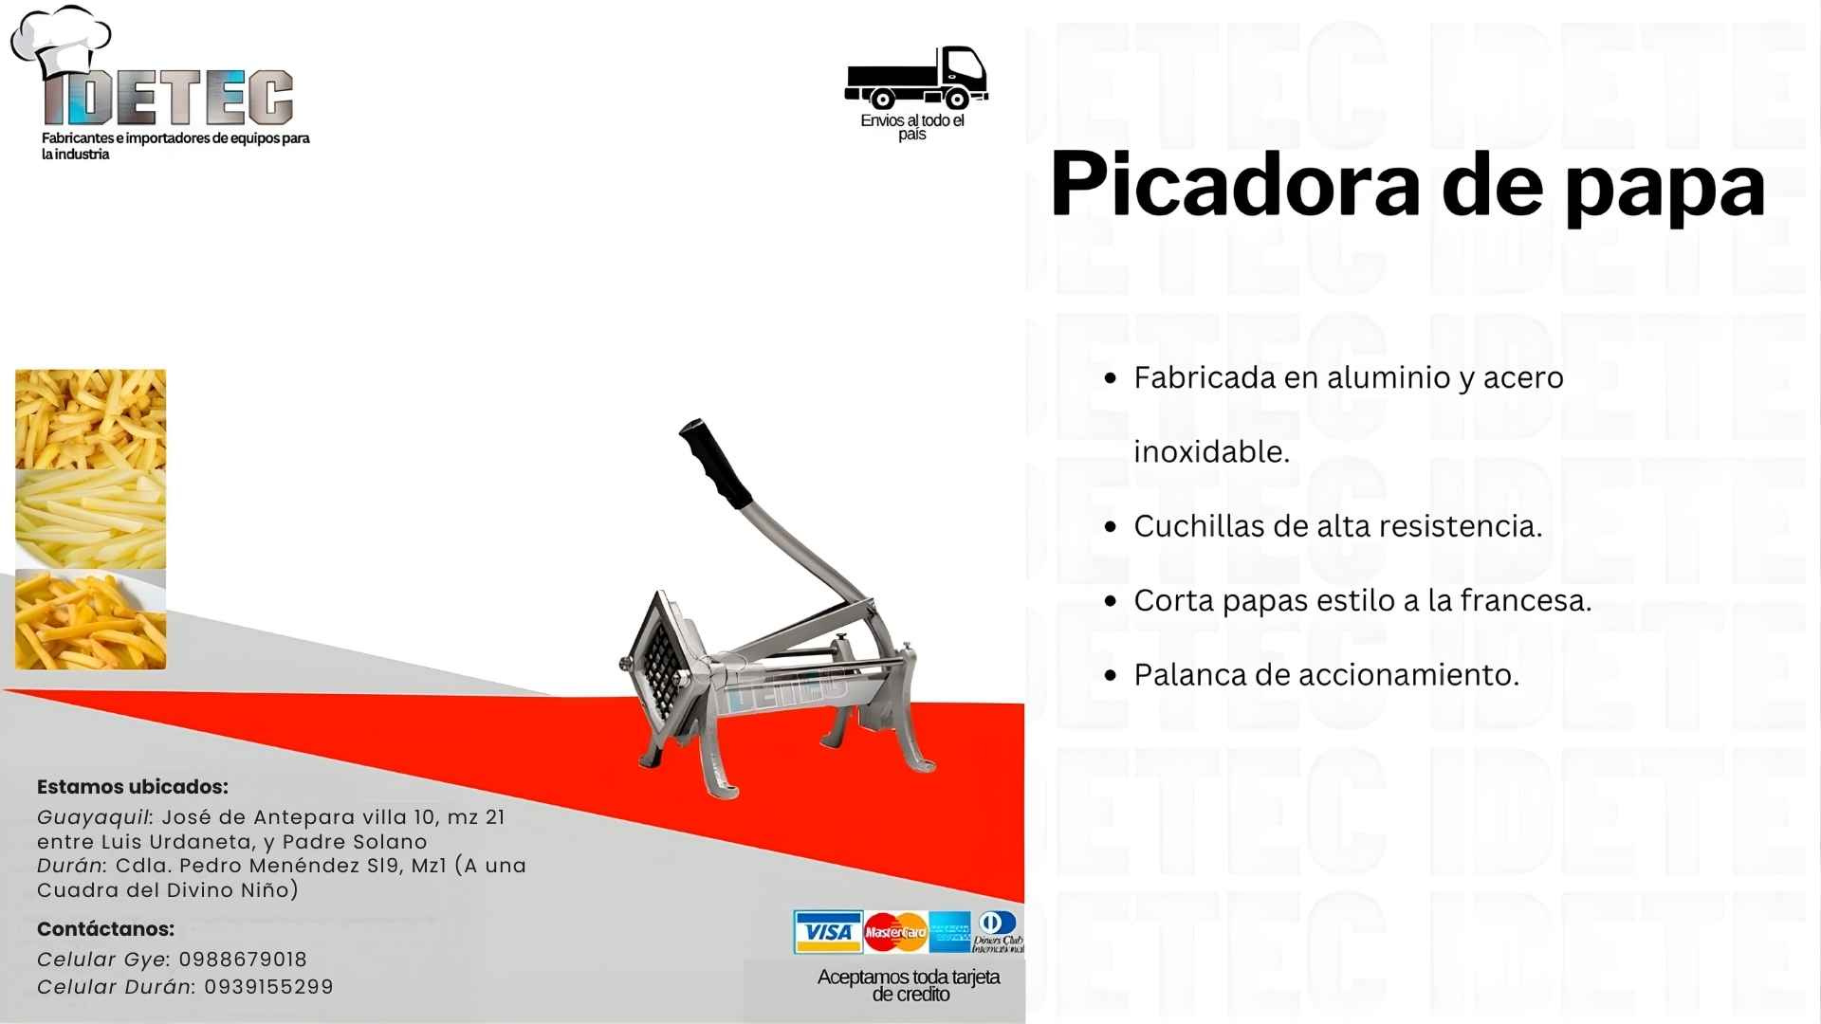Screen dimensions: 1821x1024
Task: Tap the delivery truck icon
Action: (916, 77)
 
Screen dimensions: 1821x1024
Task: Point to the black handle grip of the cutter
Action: (715, 463)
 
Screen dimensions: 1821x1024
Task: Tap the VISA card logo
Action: (828, 932)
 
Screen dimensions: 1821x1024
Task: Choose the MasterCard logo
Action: (895, 932)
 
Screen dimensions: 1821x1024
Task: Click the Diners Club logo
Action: (998, 932)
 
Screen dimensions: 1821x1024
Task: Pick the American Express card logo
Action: (949, 932)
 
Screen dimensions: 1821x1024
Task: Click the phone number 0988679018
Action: (243, 960)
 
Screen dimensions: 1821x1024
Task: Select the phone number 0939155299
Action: (268, 987)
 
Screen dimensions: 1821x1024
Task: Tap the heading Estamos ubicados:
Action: (133, 787)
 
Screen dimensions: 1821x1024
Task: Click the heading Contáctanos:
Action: (106, 929)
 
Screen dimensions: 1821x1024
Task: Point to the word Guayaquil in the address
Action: (93, 817)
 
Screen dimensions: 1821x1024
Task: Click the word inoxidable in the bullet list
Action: (1212, 451)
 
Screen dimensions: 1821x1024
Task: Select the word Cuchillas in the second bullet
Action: (1200, 526)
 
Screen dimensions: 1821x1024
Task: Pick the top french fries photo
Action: (90, 418)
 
